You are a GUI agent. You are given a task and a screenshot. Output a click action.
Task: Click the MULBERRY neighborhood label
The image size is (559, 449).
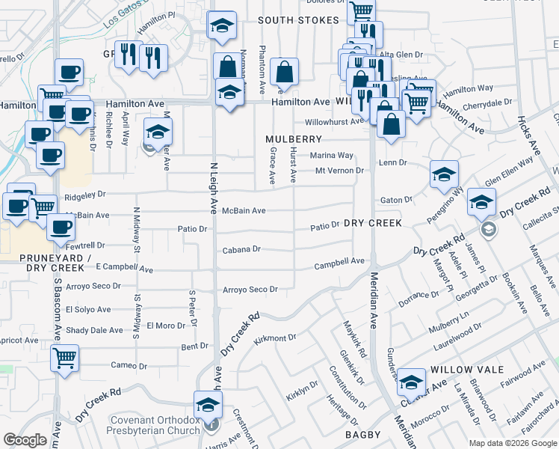point(294,139)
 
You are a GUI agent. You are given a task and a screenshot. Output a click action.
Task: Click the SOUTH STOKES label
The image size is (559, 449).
point(298,19)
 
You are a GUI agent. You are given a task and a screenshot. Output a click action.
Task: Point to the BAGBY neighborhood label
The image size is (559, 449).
point(364,434)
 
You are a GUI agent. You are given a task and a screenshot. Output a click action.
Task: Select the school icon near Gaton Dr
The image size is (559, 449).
point(444,174)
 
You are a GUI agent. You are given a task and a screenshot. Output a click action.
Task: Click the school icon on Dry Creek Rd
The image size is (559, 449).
point(481,202)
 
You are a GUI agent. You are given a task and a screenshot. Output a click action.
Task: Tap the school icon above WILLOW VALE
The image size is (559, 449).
point(411,382)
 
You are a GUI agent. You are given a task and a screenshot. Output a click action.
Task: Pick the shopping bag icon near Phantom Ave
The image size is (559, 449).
point(284,73)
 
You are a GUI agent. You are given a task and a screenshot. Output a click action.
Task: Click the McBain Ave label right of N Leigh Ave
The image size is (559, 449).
point(244,211)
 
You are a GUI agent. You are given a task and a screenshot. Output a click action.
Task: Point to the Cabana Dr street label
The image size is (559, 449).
point(241,249)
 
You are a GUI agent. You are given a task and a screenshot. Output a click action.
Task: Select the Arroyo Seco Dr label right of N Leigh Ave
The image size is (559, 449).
point(250,289)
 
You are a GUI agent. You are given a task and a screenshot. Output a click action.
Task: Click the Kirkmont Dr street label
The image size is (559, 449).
point(275,338)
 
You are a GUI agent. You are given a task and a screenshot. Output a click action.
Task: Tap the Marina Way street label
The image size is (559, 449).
point(331,156)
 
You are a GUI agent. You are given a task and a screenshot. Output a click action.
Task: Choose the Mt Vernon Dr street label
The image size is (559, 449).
point(339,171)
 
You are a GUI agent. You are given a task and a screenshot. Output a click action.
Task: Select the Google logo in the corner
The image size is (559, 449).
point(25,440)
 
